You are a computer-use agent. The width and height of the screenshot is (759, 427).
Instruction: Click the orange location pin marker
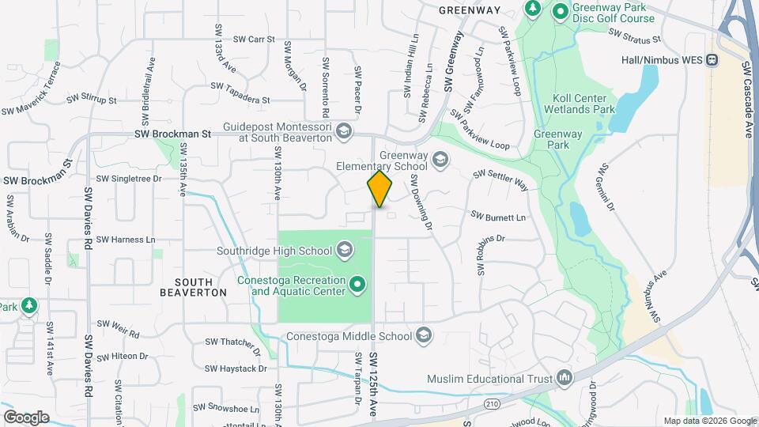click(x=379, y=189)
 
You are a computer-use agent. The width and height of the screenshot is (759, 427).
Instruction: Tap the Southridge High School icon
click(x=344, y=251)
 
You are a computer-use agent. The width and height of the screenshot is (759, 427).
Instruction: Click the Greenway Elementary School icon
click(x=440, y=161)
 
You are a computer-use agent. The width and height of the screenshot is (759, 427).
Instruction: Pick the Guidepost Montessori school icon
click(x=343, y=131)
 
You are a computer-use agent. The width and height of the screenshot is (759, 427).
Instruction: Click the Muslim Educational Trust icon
click(x=564, y=378)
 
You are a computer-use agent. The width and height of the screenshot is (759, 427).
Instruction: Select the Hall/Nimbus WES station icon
click(x=712, y=59)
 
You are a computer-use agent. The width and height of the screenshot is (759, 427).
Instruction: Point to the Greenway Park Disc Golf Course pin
click(x=561, y=12)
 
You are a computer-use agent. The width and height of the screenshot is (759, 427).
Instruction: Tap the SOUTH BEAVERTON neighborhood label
click(x=194, y=287)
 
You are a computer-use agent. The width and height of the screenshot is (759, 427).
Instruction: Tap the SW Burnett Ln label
click(x=497, y=216)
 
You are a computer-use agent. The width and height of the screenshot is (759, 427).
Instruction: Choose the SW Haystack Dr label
click(x=236, y=368)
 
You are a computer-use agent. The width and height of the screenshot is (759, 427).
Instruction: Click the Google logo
click(x=26, y=417)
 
